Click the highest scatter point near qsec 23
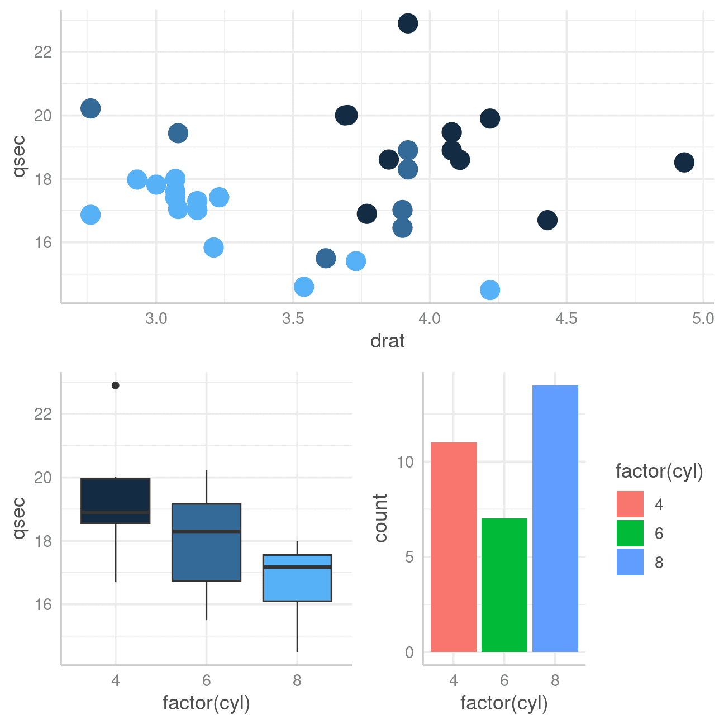408,23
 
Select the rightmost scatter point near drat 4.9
684,163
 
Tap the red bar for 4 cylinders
453,547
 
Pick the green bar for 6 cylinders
504,585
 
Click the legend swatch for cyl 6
630,534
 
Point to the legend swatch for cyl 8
630,562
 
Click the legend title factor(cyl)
659,471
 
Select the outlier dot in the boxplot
116,385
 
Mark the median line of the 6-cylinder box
207,531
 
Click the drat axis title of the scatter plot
387,341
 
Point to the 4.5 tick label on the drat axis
566,319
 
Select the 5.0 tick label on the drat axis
703,319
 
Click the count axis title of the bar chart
381,518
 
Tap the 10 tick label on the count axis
405,462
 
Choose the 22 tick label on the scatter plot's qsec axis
43,52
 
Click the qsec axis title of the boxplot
19,518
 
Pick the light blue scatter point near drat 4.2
489,290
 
